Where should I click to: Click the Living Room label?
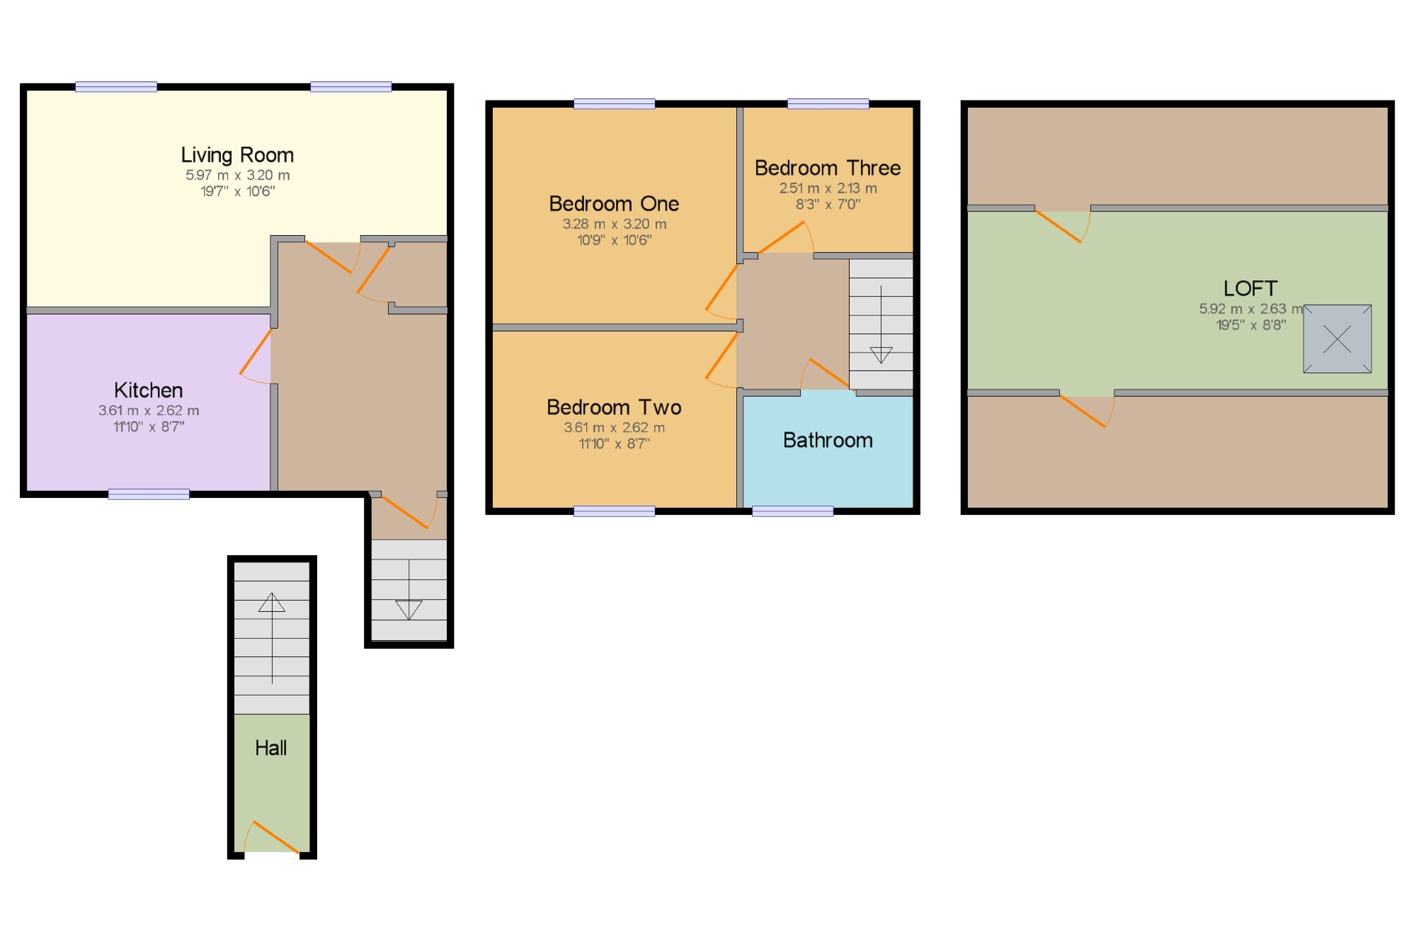click(x=237, y=155)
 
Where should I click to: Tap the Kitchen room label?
click(x=149, y=390)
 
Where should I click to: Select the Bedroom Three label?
click(x=828, y=168)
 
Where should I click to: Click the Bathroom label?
click(x=828, y=440)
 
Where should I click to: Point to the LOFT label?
click(x=1250, y=288)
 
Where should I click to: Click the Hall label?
click(x=271, y=748)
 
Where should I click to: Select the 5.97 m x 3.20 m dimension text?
click(x=237, y=175)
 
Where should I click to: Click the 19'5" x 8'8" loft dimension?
click(x=1250, y=325)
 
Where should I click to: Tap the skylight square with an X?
click(x=1337, y=339)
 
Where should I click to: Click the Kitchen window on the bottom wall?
click(x=149, y=494)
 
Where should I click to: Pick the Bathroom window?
click(x=792, y=511)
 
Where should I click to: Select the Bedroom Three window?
click(x=828, y=104)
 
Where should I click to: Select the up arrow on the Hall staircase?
click(x=272, y=603)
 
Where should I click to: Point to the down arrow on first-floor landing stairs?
click(x=881, y=354)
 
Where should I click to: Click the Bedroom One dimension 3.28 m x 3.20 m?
click(x=614, y=224)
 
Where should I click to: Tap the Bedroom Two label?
click(x=614, y=407)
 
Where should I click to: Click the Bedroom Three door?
click(x=782, y=237)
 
